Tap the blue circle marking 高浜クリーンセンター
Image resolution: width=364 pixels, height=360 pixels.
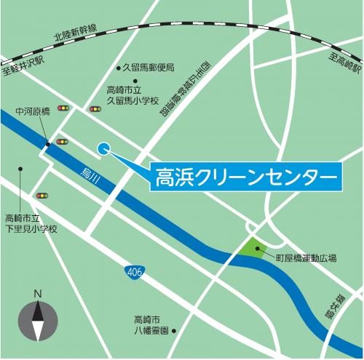tap(103, 148)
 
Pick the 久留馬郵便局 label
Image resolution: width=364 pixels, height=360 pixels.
tap(149, 68)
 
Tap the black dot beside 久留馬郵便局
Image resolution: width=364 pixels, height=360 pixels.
tap(119, 68)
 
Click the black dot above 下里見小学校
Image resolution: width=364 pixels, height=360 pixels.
tap(21, 169)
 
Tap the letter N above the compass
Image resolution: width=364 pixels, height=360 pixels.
tap(36, 294)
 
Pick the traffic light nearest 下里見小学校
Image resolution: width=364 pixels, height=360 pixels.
tap(41, 195)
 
